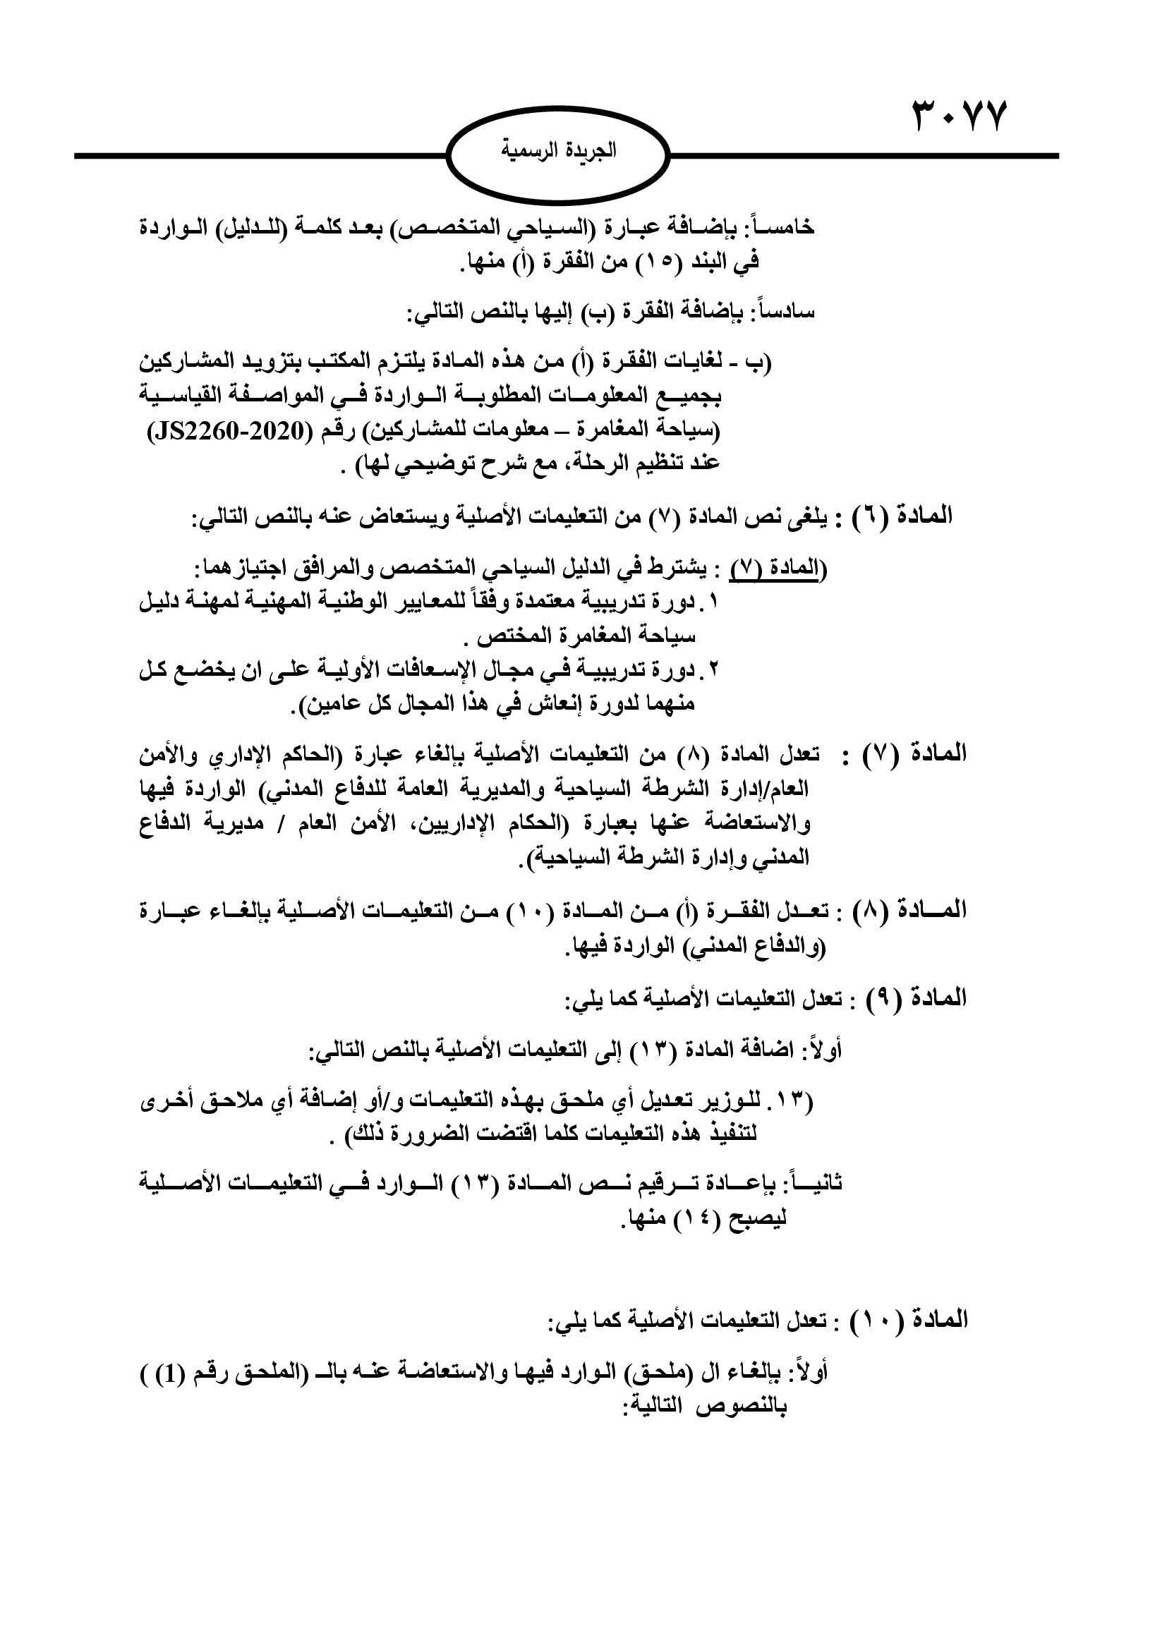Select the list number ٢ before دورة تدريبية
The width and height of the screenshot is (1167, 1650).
coord(713,669)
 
